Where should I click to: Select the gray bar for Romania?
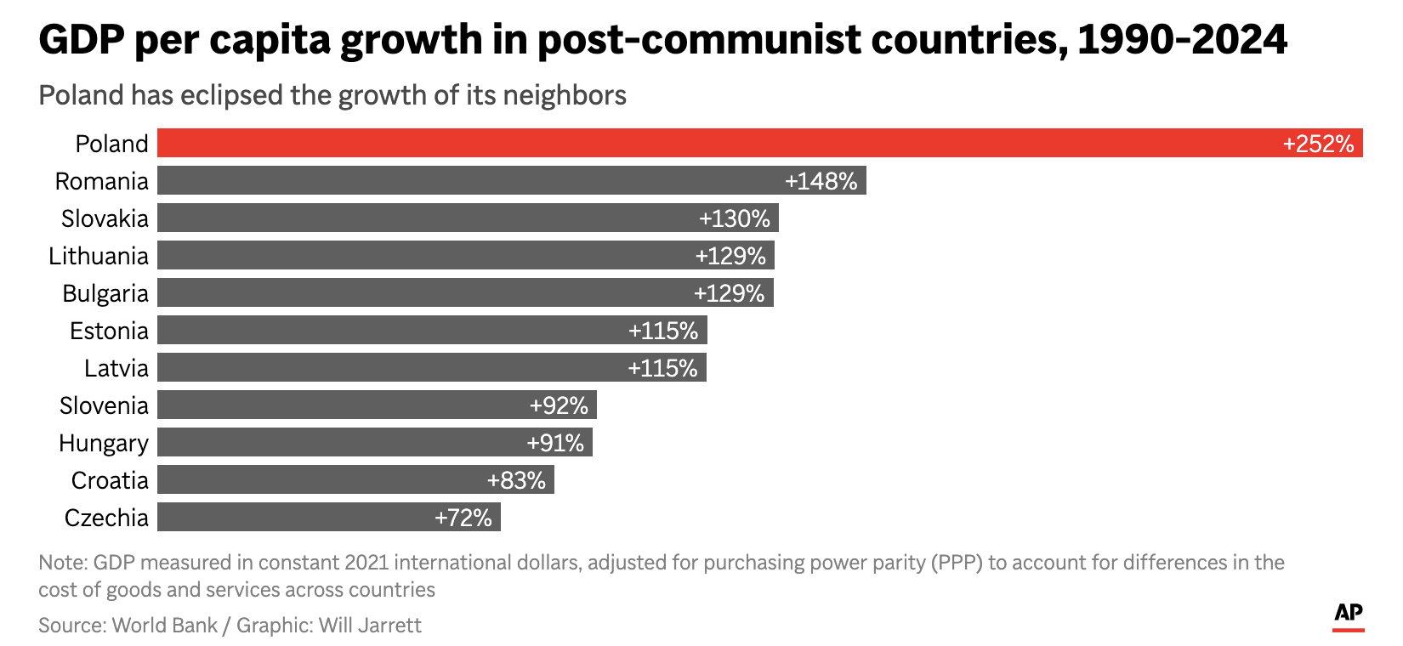click(x=468, y=180)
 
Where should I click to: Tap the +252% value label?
click(x=1318, y=144)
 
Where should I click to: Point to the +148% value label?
click(x=821, y=181)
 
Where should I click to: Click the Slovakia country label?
click(x=105, y=218)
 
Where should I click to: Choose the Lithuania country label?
click(x=98, y=256)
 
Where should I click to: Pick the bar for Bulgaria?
click(x=425, y=292)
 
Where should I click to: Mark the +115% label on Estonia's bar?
click(x=663, y=331)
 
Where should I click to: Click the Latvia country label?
click(x=116, y=368)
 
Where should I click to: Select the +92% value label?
click(x=559, y=405)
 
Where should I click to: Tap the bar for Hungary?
click(x=340, y=442)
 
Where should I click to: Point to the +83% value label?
click(x=516, y=480)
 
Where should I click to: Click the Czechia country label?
click(x=106, y=518)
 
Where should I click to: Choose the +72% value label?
click(x=463, y=518)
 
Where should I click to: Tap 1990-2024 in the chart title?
click(x=1182, y=40)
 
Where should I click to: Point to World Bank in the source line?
click(x=165, y=626)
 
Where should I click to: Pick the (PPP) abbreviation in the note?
click(x=954, y=563)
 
